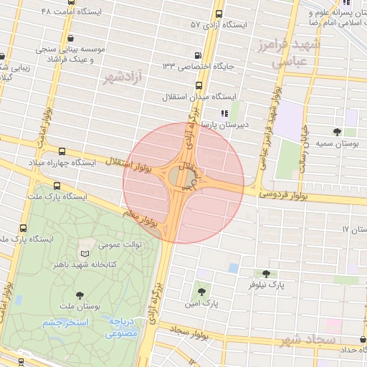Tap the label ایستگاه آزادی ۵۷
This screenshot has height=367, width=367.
(x=218, y=24)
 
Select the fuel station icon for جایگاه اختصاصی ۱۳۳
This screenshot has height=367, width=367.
(x=198, y=56)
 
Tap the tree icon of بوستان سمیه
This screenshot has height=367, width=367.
(x=337, y=131)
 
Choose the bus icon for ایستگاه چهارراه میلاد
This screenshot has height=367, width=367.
(x=62, y=152)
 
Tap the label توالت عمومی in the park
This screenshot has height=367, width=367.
(x=120, y=244)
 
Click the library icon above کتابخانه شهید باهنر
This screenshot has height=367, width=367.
(x=85, y=253)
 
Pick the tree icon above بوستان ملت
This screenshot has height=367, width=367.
(x=79, y=295)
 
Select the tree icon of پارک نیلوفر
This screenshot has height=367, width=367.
(x=266, y=274)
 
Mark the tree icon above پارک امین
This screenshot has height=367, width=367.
(x=201, y=292)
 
